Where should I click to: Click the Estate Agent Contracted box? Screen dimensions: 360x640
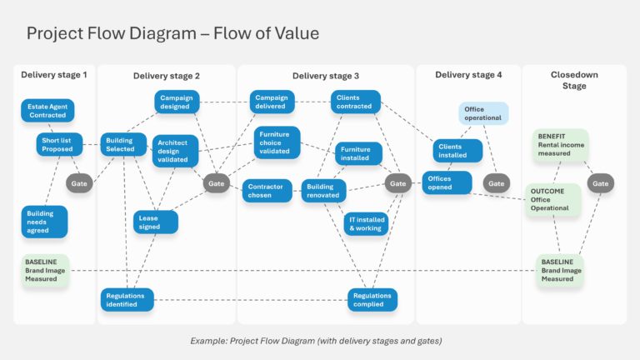click(x=47, y=111)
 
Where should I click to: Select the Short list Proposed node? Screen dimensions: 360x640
click(x=58, y=145)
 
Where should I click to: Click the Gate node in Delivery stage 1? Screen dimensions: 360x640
click(x=79, y=183)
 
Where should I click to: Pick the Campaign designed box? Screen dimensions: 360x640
click(x=177, y=102)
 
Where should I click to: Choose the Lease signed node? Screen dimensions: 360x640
click(x=156, y=222)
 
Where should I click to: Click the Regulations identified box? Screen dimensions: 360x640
click(x=127, y=299)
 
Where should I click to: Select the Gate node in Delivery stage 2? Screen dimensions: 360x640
click(x=216, y=183)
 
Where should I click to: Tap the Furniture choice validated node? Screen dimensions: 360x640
click(x=277, y=142)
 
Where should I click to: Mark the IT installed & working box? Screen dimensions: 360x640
click(x=366, y=224)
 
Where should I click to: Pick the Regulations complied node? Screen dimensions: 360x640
click(x=372, y=299)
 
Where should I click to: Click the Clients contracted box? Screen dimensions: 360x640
click(x=355, y=102)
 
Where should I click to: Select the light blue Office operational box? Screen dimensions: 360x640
click(x=482, y=113)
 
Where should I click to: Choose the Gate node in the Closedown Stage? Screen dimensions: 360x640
click(x=600, y=183)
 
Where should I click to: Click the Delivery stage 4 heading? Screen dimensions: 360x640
click(x=468, y=75)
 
